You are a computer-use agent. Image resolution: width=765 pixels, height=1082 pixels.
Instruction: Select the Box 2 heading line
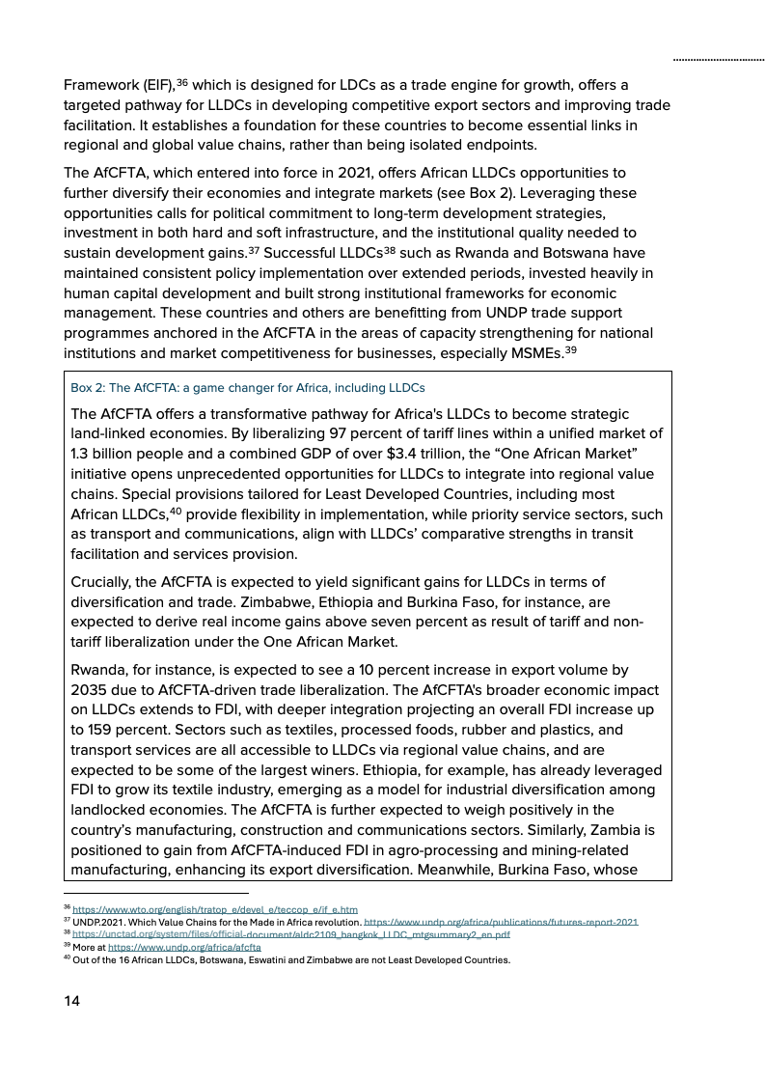point(248,388)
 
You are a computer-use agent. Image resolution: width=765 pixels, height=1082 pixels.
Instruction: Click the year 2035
point(94,689)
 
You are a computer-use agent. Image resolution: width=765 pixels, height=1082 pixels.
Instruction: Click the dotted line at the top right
point(718,60)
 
